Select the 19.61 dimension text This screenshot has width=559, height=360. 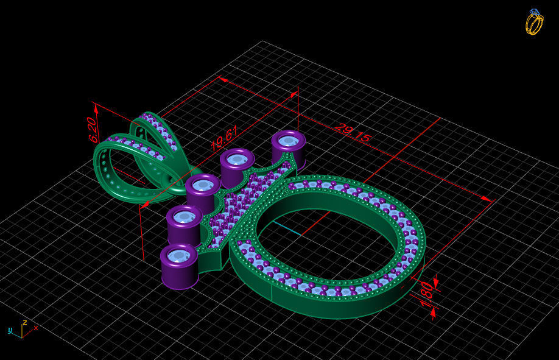point(224,138)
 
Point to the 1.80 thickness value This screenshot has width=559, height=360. point(426,290)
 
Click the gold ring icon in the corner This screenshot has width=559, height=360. point(534,22)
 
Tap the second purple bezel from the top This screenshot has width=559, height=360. point(237,166)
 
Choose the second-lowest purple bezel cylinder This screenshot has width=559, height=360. point(184,225)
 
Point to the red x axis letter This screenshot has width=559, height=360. point(36,328)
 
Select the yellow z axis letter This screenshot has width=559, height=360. point(24,322)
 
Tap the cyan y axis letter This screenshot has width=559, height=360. point(10,330)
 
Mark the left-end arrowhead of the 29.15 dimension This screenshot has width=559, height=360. point(222,79)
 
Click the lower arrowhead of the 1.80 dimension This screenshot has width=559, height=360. point(433,312)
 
